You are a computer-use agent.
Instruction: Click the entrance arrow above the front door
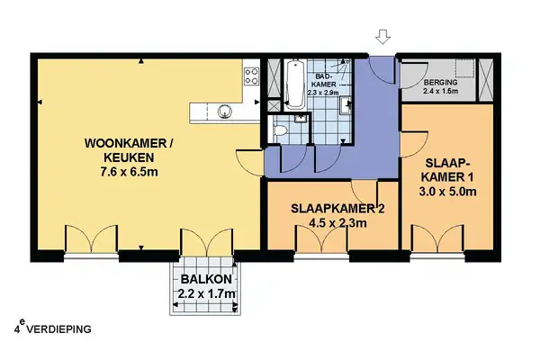coord(383,37)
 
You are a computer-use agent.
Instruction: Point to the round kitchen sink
coord(225,112)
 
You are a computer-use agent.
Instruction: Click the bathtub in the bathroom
coord(292,85)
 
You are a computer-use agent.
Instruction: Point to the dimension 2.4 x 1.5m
coord(440,92)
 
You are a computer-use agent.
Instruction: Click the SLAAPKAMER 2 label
coord(337,209)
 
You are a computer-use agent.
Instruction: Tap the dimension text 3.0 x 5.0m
coord(447,191)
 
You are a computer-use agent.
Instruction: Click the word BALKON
coord(206,280)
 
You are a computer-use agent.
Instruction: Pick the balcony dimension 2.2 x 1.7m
coord(206,294)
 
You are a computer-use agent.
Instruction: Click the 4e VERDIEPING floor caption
coord(54,328)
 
